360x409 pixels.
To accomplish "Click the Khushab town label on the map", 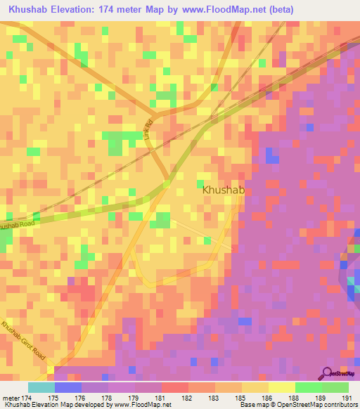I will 223,190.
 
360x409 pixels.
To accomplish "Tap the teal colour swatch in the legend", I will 41,387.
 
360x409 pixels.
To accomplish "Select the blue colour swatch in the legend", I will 68,387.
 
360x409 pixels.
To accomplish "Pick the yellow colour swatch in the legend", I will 282,387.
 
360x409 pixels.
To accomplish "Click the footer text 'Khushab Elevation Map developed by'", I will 49,405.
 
